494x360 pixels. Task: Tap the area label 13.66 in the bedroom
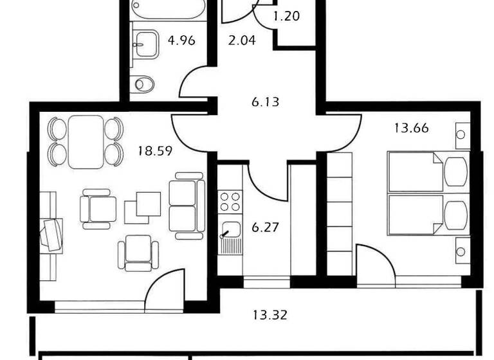411,127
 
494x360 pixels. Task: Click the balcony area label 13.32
270,315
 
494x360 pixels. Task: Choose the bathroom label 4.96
181,41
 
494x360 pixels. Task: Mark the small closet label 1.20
287,16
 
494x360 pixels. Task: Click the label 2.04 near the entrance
242,41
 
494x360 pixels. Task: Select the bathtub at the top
167,9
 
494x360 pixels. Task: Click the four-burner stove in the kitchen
230,202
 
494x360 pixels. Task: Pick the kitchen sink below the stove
230,229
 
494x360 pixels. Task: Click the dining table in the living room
86,141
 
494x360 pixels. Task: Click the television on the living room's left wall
51,233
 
